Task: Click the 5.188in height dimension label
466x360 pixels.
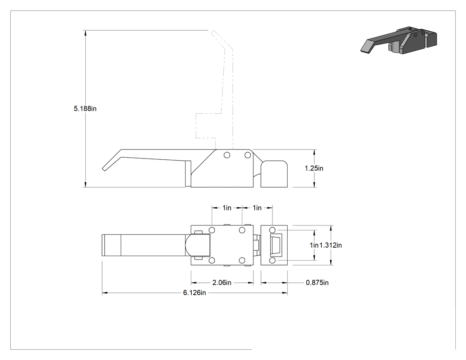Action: pyautogui.click(x=85, y=108)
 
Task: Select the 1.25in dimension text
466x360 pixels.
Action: pyautogui.click(x=314, y=168)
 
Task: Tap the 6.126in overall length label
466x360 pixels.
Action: pyautogui.click(x=194, y=293)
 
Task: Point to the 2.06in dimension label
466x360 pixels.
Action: pyautogui.click(x=222, y=283)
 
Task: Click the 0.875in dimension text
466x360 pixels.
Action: pyautogui.click(x=317, y=283)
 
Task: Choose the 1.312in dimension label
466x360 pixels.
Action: pyautogui.click(x=331, y=245)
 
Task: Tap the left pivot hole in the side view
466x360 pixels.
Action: pyautogui.click(x=227, y=155)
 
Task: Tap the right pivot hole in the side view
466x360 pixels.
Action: pyautogui.click(x=247, y=155)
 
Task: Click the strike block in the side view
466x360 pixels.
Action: pyautogui.click(x=274, y=174)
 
